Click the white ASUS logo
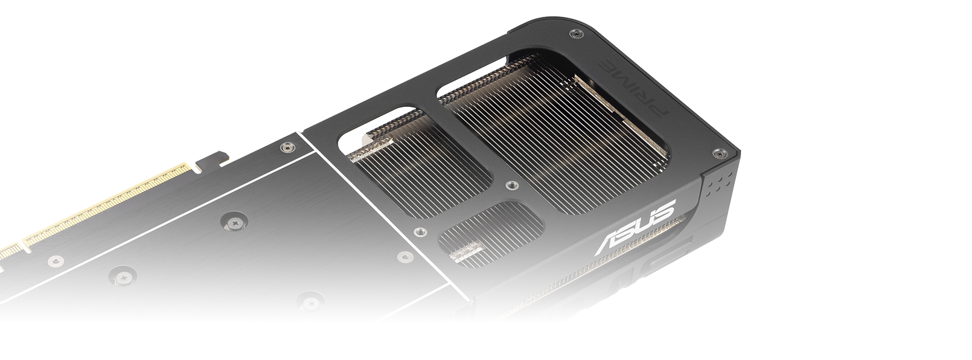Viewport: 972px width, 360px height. point(636,227)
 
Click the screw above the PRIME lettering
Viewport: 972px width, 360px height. point(575,33)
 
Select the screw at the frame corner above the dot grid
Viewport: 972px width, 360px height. point(718,153)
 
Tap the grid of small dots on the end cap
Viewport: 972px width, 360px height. point(718,183)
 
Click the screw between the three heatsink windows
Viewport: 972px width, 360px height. point(511,185)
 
